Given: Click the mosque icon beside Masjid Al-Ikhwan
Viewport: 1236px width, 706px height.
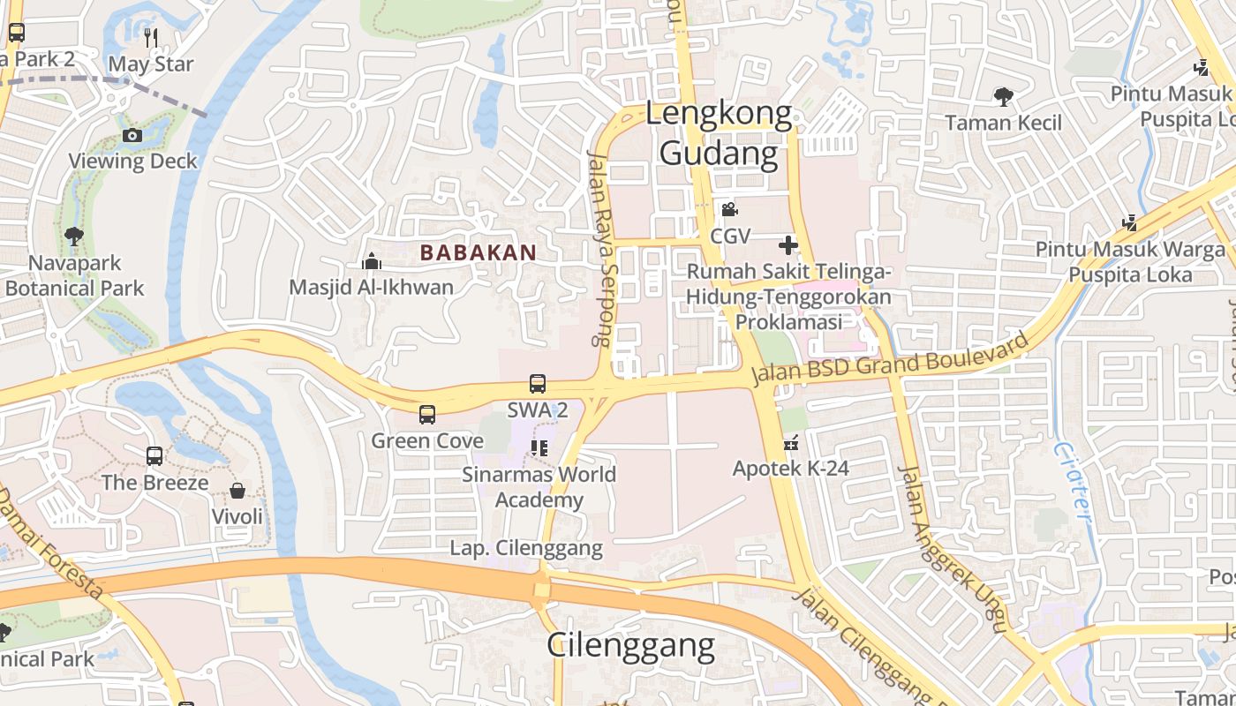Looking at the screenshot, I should click(372, 261).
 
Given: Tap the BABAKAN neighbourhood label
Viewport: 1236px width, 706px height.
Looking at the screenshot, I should click(478, 252).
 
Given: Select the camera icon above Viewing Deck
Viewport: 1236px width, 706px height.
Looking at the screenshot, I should click(132, 135).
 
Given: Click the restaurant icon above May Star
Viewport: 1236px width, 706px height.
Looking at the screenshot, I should click(151, 37).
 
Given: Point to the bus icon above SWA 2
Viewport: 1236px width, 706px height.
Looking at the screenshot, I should click(538, 384).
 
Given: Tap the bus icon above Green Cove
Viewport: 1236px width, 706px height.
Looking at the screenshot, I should click(427, 414).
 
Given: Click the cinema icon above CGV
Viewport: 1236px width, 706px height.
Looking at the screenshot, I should click(729, 210).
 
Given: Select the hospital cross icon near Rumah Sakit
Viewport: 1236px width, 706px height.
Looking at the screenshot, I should click(788, 244).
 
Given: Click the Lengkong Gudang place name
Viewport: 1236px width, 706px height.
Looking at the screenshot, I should click(719, 133).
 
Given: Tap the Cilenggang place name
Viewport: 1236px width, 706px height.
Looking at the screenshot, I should click(630, 645).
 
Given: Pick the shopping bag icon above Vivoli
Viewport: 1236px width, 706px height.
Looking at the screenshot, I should click(237, 491).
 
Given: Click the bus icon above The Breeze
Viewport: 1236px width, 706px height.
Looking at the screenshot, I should click(154, 456).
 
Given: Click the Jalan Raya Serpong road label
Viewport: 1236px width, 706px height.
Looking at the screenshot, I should click(600, 247).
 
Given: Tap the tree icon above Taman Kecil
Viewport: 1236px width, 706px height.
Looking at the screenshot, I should click(1003, 96).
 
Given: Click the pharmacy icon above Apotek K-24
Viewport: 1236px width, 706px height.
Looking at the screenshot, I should click(790, 443).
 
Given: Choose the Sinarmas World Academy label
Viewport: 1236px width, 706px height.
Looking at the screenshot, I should click(539, 487).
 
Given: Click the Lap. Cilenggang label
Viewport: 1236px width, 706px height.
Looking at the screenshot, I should click(526, 548).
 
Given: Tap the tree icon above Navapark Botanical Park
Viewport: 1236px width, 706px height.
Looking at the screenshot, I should click(74, 237).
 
